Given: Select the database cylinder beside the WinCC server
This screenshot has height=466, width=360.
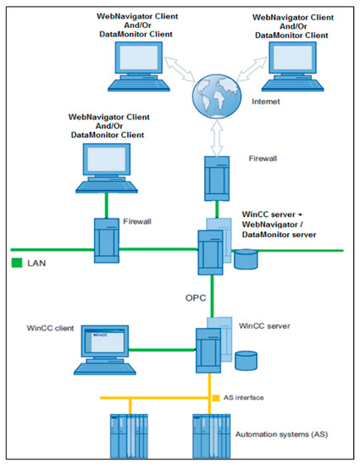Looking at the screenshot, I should tap(246, 361).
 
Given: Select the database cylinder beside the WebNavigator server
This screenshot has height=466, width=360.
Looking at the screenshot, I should tap(246, 258).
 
